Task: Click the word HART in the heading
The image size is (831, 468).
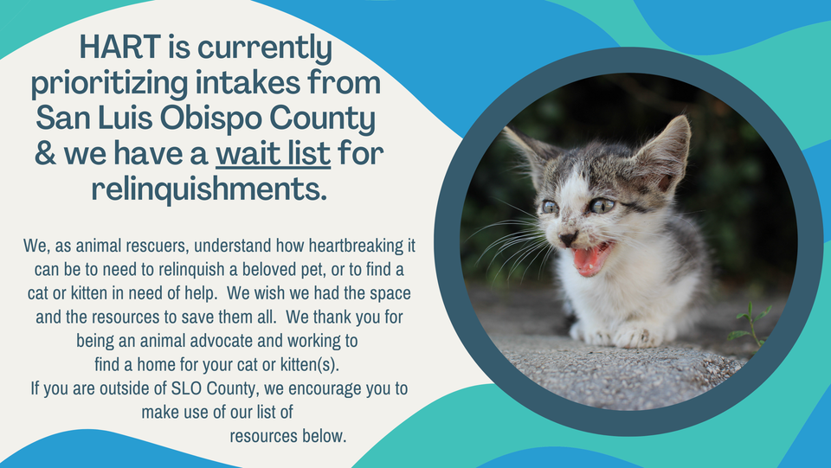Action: pyautogui.click(x=119, y=47)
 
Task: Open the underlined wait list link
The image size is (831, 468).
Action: pyautogui.click(x=273, y=153)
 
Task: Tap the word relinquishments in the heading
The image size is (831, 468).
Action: pyautogui.click(x=209, y=189)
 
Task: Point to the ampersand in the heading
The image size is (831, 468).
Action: pyautogui.click(x=46, y=153)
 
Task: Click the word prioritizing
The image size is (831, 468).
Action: pyautogui.click(x=110, y=84)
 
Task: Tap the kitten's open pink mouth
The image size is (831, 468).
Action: pyautogui.click(x=591, y=258)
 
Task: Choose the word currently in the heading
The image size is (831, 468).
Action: pyautogui.click(x=265, y=48)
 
